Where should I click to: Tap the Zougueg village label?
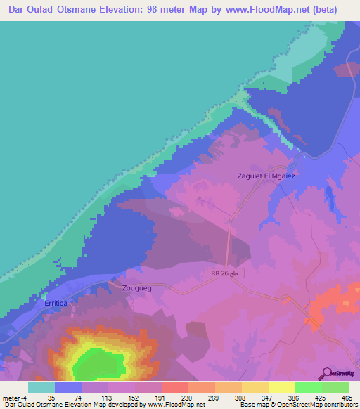pos(136,288)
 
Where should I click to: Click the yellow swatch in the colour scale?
pos(281,387)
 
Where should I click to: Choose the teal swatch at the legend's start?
pos(41,387)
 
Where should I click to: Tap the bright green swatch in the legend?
pos(308,387)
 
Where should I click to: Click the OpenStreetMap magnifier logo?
pos(326,374)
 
